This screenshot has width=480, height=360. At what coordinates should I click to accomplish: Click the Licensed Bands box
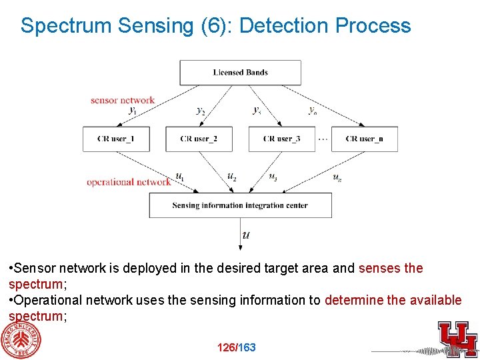(x=240, y=72)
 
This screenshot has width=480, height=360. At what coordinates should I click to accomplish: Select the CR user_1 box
(x=115, y=139)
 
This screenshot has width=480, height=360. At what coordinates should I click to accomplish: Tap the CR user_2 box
(x=199, y=139)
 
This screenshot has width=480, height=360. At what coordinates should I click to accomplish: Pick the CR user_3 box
(x=281, y=139)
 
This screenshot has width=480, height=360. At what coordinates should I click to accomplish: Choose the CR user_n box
(x=364, y=139)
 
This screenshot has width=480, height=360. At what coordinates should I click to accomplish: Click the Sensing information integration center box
(x=240, y=205)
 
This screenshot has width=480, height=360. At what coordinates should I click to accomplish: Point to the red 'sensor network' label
(x=123, y=101)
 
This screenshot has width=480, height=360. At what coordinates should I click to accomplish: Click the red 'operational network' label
(x=129, y=181)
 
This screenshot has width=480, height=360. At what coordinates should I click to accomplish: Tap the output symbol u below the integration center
(x=247, y=235)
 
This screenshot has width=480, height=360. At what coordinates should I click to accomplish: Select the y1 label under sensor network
(x=133, y=111)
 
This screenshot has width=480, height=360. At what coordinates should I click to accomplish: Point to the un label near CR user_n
(x=337, y=177)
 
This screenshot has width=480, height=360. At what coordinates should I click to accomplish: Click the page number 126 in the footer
(x=227, y=347)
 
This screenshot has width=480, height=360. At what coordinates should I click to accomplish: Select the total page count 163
(x=247, y=347)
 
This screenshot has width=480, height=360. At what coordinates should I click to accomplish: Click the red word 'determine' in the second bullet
(x=354, y=300)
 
